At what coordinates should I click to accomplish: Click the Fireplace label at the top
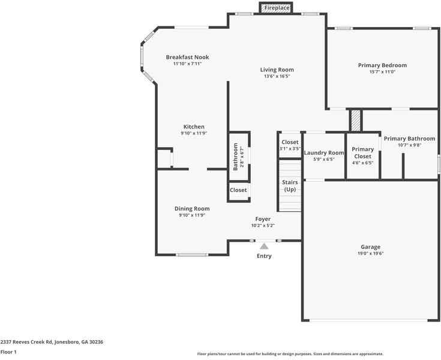[277, 8]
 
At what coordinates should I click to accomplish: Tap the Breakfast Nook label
[187, 57]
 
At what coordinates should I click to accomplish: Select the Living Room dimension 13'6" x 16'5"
[277, 76]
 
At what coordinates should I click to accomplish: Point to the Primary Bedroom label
[382, 65]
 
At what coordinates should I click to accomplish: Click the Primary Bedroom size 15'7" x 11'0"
[382, 72]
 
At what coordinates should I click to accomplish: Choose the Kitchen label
[194, 127]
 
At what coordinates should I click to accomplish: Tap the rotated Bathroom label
[236, 157]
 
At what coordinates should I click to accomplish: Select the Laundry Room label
[324, 152]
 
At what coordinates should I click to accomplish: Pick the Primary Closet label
[362, 152]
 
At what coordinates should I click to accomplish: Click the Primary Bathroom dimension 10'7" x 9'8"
[409, 145]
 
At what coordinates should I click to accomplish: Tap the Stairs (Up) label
[290, 185]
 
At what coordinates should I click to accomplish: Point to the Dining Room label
[192, 208]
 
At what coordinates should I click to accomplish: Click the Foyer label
[263, 219]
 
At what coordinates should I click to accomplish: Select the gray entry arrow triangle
[264, 245]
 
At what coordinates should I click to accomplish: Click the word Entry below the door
[264, 256]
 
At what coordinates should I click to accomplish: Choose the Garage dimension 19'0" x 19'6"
[370, 254]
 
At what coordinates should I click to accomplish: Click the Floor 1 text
[8, 352]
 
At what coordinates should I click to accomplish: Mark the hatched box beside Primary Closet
[356, 120]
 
